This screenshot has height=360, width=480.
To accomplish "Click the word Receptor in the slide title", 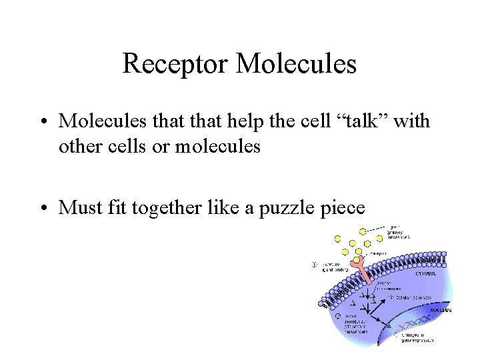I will (176, 64).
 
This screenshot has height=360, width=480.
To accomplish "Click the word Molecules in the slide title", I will (297, 64).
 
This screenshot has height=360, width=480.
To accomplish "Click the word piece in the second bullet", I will (343, 207).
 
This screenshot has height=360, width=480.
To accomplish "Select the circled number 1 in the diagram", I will (314, 265).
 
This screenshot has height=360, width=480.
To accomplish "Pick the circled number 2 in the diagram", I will (339, 316).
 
